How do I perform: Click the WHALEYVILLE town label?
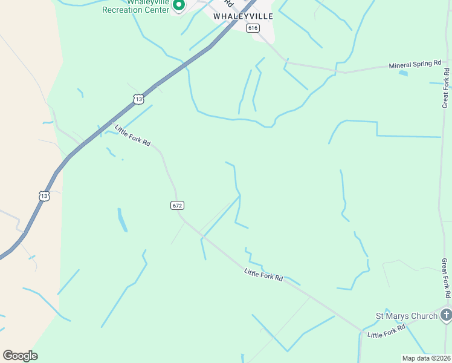tap(243, 16)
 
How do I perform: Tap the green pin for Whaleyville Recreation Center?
tap(179, 5)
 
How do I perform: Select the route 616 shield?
tap(253, 28)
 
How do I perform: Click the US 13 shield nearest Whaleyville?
tap(139, 99)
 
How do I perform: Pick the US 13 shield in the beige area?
tap(44, 196)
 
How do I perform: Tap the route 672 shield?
tap(176, 206)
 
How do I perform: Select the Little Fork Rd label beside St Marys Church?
tap(387, 332)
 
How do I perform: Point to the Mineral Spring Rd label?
tap(415, 64)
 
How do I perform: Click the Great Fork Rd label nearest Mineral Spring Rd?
tap(446, 88)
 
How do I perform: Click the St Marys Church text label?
tap(406, 316)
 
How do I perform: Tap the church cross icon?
tap(446, 315)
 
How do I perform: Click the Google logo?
tap(20, 355)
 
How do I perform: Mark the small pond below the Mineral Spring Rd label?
tap(403, 73)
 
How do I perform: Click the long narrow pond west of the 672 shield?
tap(122, 220)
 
